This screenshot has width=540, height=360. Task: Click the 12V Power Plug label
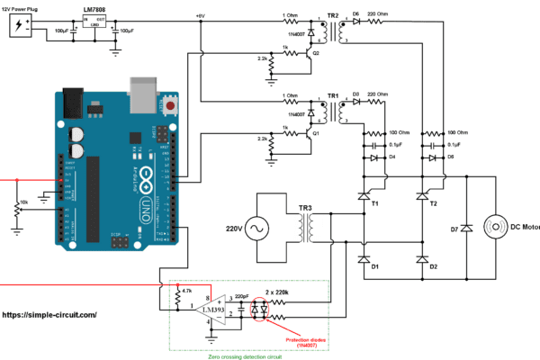click(27, 7)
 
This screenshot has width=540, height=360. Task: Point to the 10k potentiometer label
click(23, 202)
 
